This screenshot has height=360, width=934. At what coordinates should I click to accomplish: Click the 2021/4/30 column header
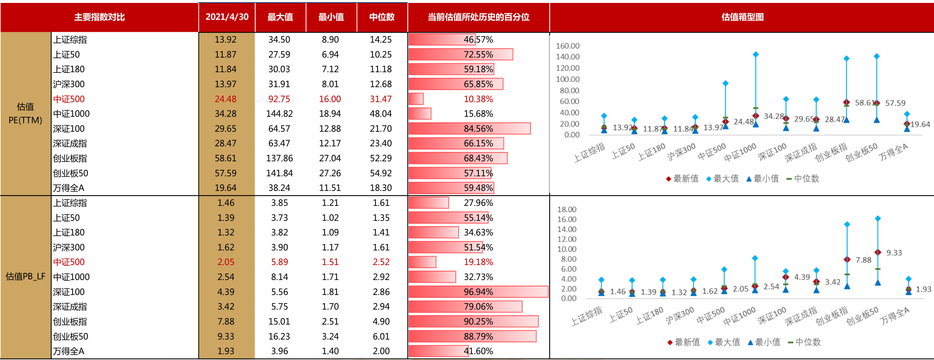pos(227,17)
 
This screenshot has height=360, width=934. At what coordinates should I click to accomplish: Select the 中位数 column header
pos(382,17)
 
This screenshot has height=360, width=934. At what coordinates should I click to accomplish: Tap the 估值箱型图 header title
pos(742,17)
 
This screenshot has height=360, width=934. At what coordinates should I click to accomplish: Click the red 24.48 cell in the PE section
pos(225,99)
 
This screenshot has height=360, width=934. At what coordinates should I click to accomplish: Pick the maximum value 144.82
pos(279,114)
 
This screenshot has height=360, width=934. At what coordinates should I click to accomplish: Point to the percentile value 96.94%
pos(478,292)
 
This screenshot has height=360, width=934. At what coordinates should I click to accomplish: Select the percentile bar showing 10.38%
pos(416,99)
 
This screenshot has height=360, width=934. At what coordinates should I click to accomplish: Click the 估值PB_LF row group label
pos(25,277)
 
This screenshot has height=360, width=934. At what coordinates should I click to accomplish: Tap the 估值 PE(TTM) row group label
pos(25,113)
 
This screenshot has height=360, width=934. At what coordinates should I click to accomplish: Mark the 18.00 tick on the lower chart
pos(566,209)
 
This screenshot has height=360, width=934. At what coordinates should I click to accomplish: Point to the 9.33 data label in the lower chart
pos(894,253)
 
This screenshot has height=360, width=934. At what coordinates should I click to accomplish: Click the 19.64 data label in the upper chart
pos(920,124)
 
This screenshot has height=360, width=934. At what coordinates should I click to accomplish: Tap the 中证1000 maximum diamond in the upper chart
pos(756,54)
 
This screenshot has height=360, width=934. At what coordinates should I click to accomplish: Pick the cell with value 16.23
pos(279,337)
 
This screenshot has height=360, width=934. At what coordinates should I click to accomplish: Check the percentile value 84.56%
pos(478,129)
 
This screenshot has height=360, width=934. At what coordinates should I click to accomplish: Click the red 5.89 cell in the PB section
pos(279,262)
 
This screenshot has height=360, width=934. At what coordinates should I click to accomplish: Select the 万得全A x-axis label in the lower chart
pos(895,316)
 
